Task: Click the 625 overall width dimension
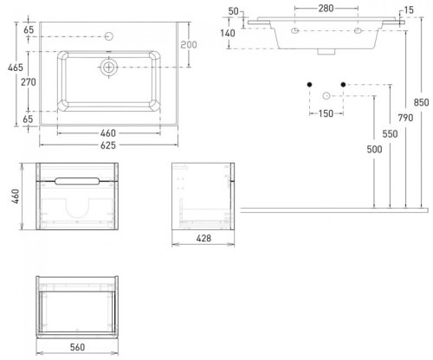coord(108,145)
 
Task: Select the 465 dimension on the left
coord(16,67)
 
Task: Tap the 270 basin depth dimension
coord(29,82)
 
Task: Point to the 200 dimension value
coord(189,44)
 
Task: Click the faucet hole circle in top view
coord(109,36)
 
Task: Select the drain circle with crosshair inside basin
coord(109,67)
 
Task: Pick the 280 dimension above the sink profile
coord(326,9)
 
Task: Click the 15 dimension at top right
coord(409,10)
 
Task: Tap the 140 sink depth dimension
coord(228,33)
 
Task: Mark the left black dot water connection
coord(309,85)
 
